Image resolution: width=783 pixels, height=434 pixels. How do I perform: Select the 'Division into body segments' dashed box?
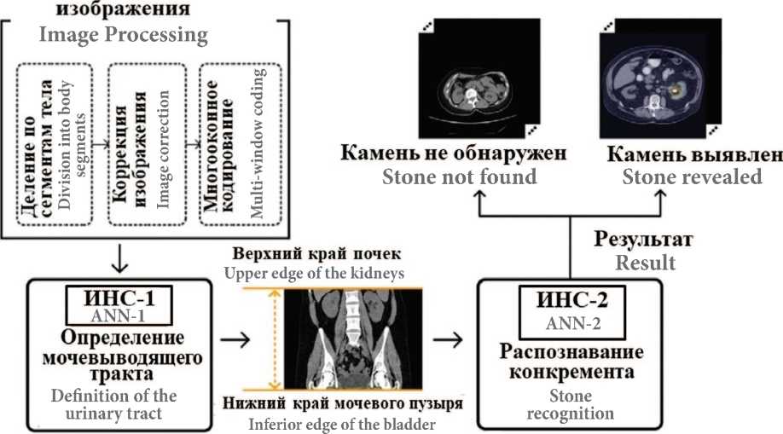[x=59, y=145]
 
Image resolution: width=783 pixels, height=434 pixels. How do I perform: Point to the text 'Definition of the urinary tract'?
[x=114, y=404]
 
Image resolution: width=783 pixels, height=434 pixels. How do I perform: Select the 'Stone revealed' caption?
[x=692, y=177]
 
